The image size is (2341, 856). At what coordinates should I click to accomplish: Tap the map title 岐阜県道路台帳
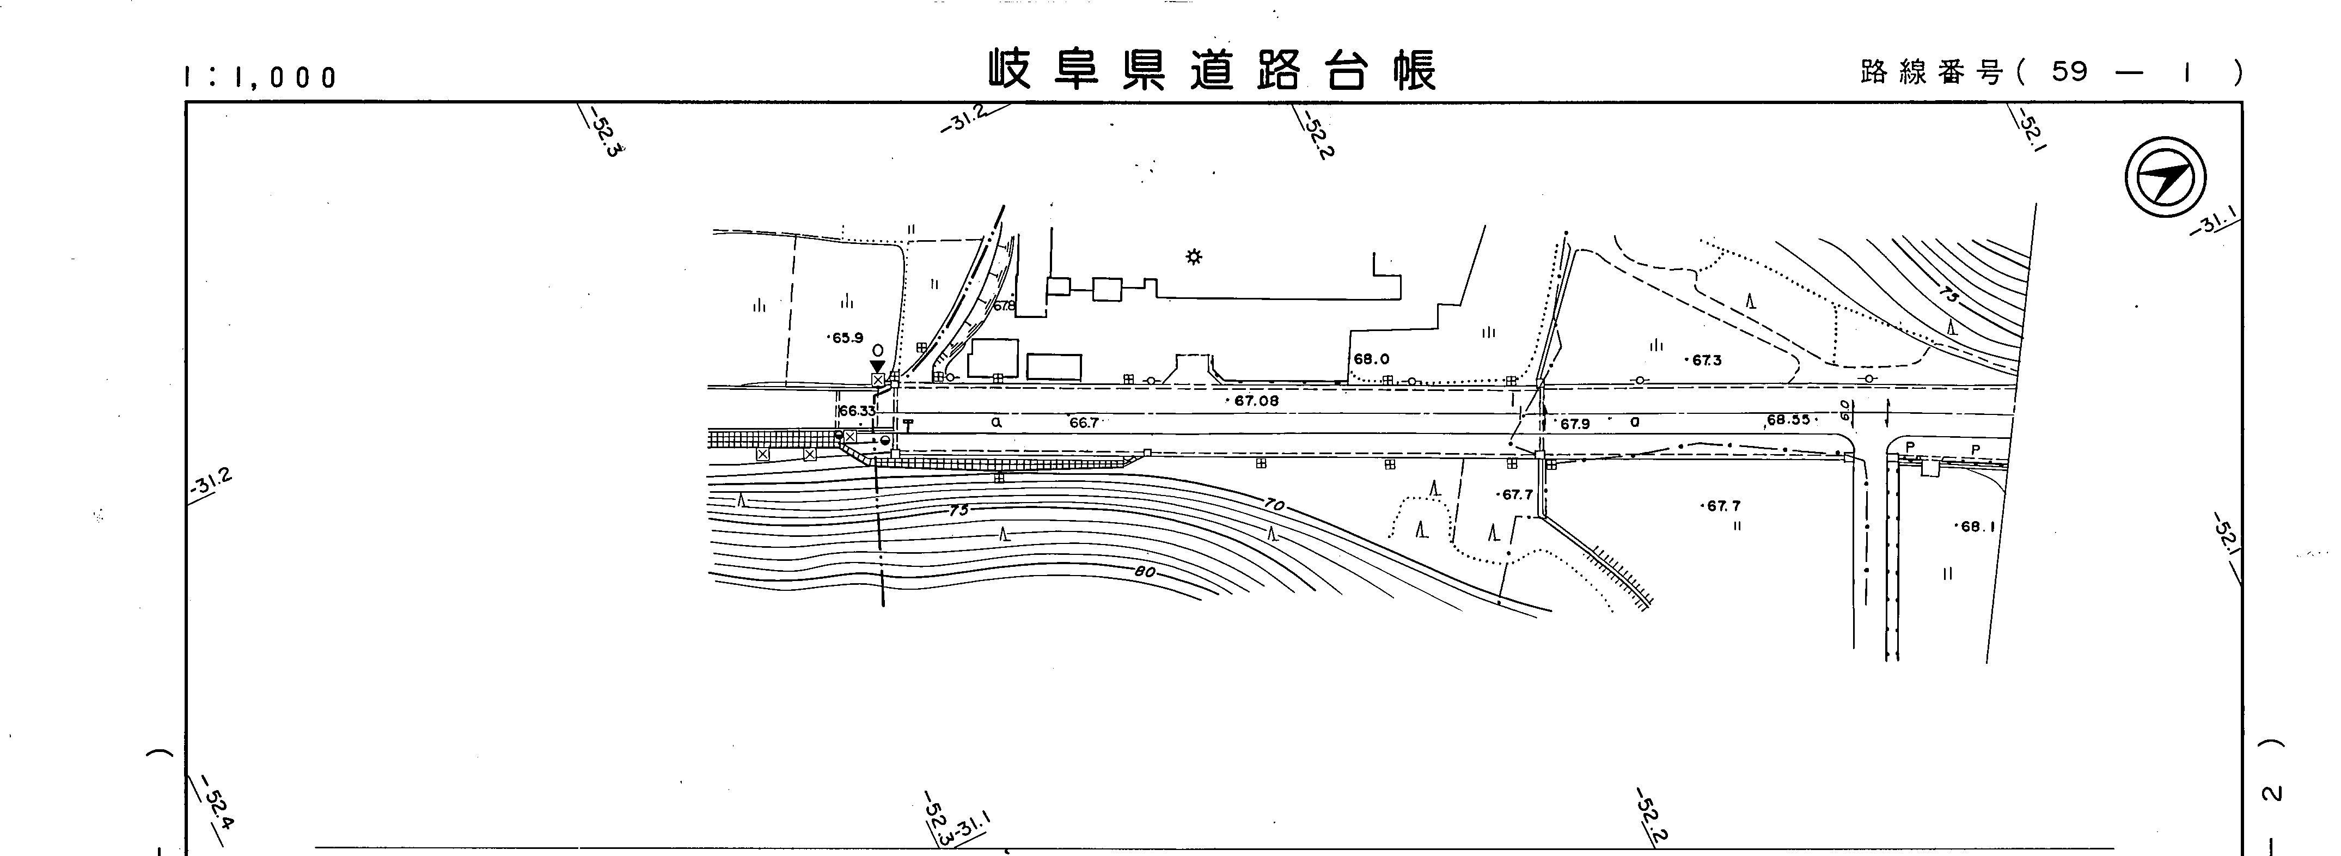coord(1212,70)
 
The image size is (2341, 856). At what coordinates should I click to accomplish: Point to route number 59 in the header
coord(2069,72)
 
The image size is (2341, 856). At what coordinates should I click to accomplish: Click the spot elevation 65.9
coord(846,338)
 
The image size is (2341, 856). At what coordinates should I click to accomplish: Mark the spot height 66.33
coord(856,411)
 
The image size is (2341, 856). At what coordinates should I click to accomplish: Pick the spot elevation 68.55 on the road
coord(1788,420)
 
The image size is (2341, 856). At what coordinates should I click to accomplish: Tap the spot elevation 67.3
coord(1706,360)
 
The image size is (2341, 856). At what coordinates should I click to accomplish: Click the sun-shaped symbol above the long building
coord(1194,257)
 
